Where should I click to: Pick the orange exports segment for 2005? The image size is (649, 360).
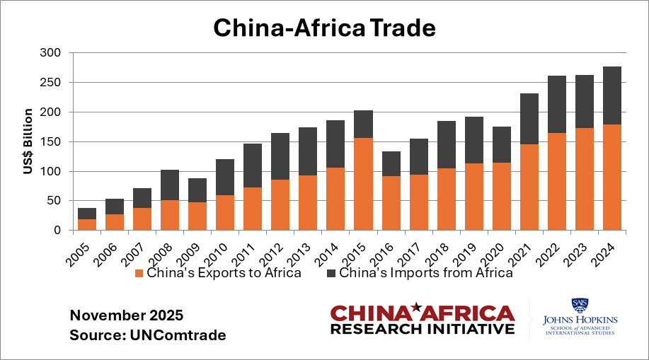[87, 224]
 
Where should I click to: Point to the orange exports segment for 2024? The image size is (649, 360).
[611, 178]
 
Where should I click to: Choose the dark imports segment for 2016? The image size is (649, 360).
[391, 163]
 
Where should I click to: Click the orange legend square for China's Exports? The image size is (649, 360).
[140, 274]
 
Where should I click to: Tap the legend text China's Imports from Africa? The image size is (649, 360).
[425, 274]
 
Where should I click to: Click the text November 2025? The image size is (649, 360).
[126, 314]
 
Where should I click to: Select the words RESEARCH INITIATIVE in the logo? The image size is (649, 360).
[423, 329]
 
